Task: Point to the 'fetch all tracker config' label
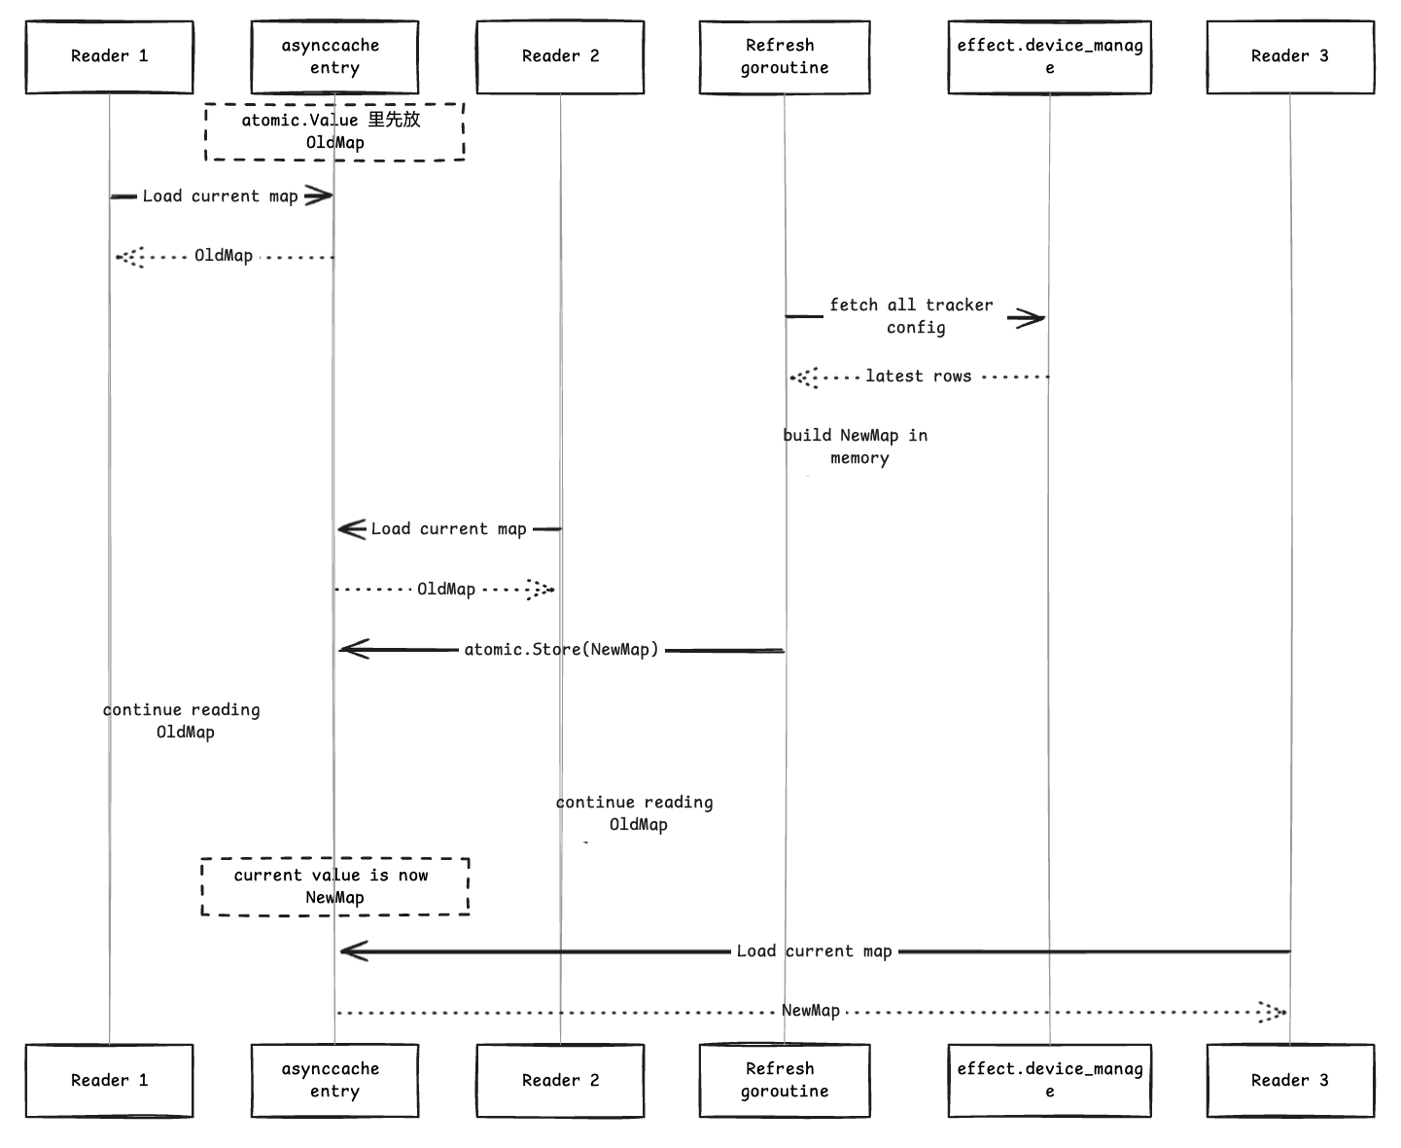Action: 912,316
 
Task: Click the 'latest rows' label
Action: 918,377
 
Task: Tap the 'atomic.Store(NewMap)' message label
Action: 561,650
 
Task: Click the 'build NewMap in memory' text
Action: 856,447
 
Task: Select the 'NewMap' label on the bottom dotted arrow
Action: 811,1011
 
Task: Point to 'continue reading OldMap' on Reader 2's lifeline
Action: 635,813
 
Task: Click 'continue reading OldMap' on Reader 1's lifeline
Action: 182,721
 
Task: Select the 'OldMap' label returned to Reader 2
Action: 446,590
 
